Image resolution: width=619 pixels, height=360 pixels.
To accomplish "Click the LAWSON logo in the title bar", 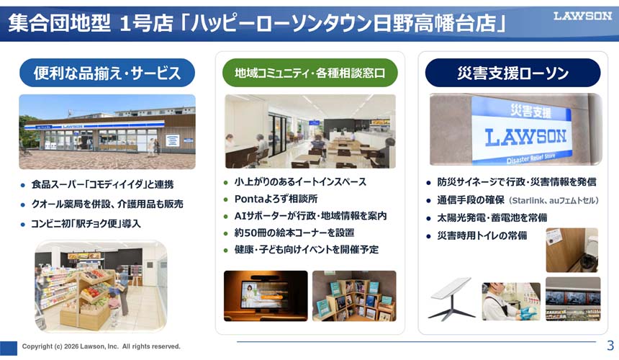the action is point(582,16).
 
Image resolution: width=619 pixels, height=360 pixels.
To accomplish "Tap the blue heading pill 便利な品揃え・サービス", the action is point(107,73).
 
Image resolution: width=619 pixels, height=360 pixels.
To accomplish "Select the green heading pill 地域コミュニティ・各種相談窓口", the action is point(310,73).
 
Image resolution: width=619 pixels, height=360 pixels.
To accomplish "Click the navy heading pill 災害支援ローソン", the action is point(512,73).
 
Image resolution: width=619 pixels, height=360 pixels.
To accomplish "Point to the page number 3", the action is point(610,346).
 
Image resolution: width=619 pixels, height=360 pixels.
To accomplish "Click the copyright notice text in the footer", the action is point(101,346).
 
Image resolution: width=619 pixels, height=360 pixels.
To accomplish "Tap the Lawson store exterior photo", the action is point(107,132).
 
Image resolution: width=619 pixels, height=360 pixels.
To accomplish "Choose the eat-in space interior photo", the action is point(310,132).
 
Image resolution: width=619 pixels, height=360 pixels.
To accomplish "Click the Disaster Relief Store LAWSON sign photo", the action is point(516,129).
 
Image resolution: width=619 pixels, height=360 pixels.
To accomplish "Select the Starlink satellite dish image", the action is point(451,299).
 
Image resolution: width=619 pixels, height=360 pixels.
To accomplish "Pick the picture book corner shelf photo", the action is point(354,296).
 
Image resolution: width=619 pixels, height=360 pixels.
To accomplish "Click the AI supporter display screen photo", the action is point(266,296).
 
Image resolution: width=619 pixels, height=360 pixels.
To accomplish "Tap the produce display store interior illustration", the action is point(101,287).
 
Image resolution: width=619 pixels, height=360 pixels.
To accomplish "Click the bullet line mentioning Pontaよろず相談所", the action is point(276,199).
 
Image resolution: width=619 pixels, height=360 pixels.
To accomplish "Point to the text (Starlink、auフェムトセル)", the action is point(554,201).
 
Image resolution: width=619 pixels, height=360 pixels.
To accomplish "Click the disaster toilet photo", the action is point(572,251).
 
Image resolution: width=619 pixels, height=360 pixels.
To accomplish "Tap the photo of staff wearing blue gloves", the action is point(511,301).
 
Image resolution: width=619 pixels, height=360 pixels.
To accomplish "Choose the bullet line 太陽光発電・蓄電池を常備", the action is point(492,218).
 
